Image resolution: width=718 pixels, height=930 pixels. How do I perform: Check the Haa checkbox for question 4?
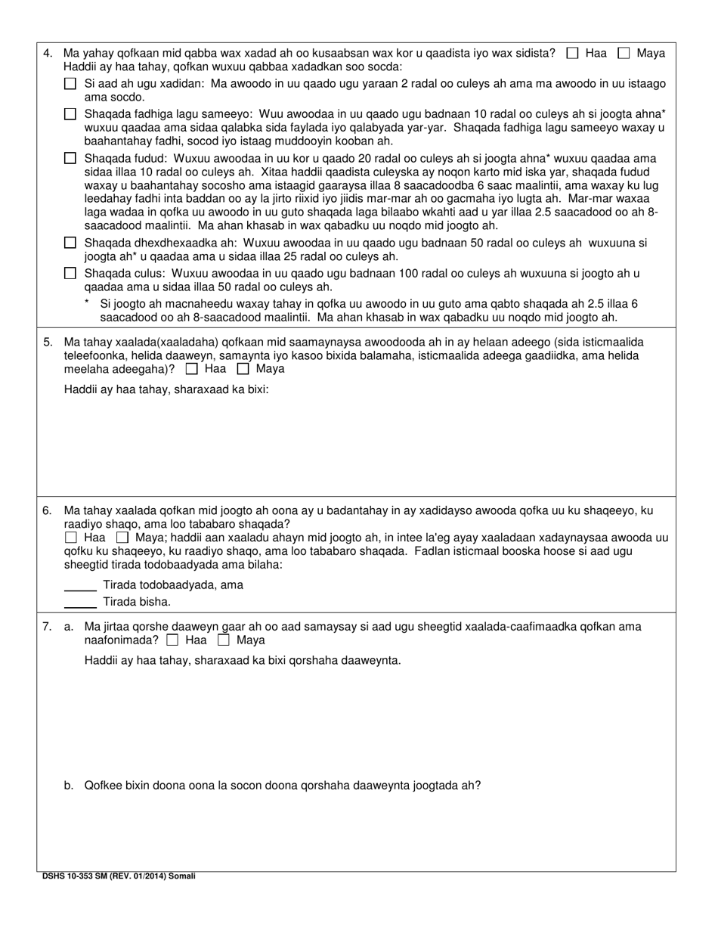click(x=573, y=53)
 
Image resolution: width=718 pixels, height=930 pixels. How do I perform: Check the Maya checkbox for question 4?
click(x=624, y=53)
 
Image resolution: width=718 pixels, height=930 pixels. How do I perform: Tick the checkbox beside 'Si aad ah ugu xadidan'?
click(x=70, y=84)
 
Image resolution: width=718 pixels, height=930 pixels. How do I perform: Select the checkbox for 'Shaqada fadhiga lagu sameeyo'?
click(x=70, y=114)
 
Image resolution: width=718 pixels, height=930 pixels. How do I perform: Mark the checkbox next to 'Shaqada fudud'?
click(x=70, y=159)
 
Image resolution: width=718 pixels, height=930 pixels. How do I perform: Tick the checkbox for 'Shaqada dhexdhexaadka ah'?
click(x=70, y=243)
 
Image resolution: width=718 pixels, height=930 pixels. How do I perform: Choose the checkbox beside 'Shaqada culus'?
click(x=70, y=274)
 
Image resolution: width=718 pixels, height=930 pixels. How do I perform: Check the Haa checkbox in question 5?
click(x=192, y=369)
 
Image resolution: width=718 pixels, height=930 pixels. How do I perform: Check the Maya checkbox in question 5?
click(x=243, y=369)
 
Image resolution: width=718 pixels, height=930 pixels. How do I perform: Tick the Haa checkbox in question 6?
click(x=71, y=538)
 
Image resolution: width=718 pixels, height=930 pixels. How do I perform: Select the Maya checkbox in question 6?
click(x=122, y=538)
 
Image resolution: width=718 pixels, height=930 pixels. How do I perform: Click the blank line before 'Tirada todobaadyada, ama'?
click(x=80, y=589)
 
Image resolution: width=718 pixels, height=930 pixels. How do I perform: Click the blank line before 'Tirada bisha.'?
click(x=80, y=606)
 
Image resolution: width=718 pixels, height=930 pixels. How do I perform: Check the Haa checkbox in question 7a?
click(x=172, y=640)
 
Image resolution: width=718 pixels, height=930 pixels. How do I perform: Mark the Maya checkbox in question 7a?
click(x=224, y=640)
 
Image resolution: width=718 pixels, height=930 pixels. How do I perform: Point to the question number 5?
click(x=48, y=342)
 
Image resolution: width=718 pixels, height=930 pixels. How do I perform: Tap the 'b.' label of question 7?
click(x=69, y=785)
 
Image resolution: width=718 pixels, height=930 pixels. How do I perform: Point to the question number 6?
click(x=48, y=510)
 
